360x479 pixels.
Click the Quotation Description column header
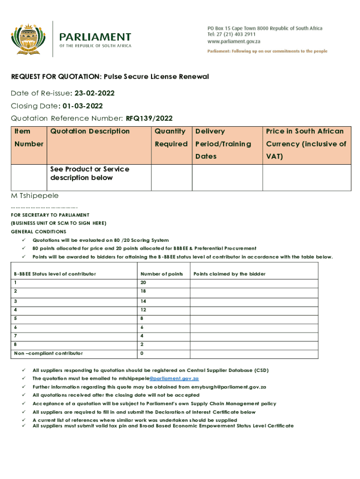pyautogui.click(x=90, y=131)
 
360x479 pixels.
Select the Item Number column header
pyautogui.click(x=29, y=138)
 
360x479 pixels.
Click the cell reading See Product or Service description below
pyautogui.click(x=90, y=174)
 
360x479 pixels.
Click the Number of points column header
pyautogui.click(x=161, y=274)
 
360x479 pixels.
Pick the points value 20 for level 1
pyautogui.click(x=143, y=283)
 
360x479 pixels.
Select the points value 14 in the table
pyautogui.click(x=143, y=301)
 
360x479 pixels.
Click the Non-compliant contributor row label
pyautogui.click(x=48, y=353)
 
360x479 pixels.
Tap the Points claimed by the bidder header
pyautogui.click(x=230, y=274)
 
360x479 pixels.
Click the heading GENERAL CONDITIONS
pyautogui.click(x=38, y=232)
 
